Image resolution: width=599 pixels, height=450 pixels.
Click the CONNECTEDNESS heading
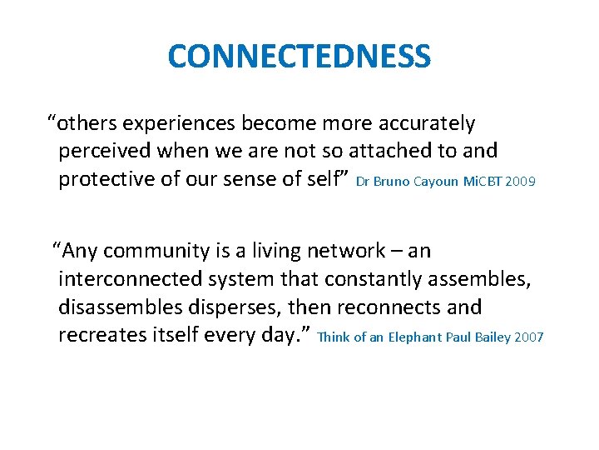(299, 57)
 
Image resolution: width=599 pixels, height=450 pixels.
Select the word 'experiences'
(181, 123)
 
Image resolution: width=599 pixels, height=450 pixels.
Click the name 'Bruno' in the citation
(391, 181)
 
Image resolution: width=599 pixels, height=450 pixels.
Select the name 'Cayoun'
(434, 181)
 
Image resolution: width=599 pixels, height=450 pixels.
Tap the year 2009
(520, 181)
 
